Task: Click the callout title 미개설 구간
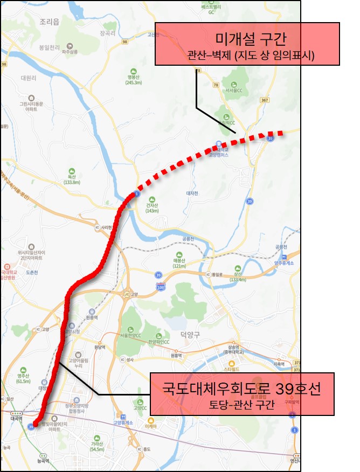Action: pyautogui.click(x=248, y=38)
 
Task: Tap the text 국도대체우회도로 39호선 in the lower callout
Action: pyautogui.click(x=242, y=388)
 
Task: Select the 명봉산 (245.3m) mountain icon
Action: pyautogui.click(x=133, y=71)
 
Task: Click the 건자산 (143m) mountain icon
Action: pyautogui.click(x=153, y=198)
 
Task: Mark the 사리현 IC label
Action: pyautogui.click(x=106, y=227)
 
